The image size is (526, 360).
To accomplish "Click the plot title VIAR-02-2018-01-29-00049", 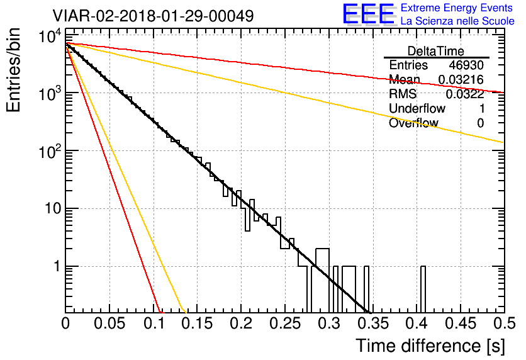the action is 153,16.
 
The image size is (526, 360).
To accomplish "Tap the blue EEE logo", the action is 369,14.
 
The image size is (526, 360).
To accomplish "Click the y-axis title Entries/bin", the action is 13,70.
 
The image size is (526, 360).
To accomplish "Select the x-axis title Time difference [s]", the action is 430,346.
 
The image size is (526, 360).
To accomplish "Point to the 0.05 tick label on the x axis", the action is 109,323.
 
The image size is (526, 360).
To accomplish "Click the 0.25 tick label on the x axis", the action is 285,323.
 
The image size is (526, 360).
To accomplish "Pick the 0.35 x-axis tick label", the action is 373,323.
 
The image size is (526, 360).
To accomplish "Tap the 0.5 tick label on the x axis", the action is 505,323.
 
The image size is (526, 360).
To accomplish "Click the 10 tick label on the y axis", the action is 53,209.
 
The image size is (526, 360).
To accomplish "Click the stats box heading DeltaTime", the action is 436,51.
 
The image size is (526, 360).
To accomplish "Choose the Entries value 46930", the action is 466,65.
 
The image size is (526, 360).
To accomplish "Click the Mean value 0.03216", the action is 461,79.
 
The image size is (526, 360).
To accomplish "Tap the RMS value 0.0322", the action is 464,94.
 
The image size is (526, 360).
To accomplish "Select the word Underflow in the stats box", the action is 417,108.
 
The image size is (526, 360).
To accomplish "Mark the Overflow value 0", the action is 480,123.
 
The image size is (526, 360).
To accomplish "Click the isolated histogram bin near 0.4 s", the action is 423,290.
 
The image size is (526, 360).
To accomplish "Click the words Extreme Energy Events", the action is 457,8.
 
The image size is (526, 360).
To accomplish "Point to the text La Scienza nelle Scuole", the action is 457,21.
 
